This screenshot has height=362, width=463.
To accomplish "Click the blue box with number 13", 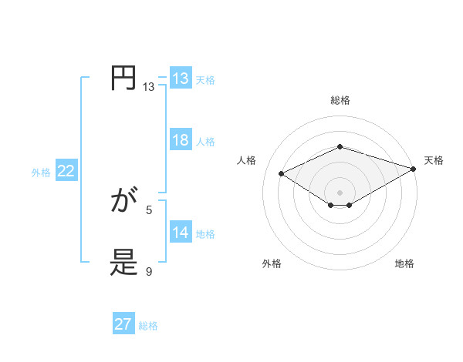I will [x=180, y=79].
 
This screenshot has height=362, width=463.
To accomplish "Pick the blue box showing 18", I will [x=180, y=140].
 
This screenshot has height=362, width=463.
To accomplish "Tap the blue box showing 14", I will [x=180, y=233].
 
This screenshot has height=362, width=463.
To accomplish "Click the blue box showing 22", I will [x=66, y=171].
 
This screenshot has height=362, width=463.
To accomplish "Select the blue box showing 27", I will [x=123, y=324].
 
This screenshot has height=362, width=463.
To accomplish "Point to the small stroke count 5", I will [x=149, y=209].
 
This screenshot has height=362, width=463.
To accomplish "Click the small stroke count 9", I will [x=149, y=271].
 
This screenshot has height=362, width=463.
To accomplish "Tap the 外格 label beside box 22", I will [x=41, y=173].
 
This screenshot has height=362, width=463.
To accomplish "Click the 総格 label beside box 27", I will [x=148, y=326].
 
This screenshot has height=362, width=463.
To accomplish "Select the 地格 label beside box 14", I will [x=205, y=234].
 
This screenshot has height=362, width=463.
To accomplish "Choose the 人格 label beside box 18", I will [x=205, y=142].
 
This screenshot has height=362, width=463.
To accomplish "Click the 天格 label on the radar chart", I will [x=434, y=160].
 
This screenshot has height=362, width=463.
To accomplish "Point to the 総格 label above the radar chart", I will [x=340, y=100].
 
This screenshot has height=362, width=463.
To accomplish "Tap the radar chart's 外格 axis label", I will [x=272, y=264].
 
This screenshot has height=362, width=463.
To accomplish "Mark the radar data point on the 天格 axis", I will [x=414, y=169].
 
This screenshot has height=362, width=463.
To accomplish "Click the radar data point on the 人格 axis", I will [x=282, y=174].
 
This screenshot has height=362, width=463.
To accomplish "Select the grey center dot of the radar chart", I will [x=340, y=192].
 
